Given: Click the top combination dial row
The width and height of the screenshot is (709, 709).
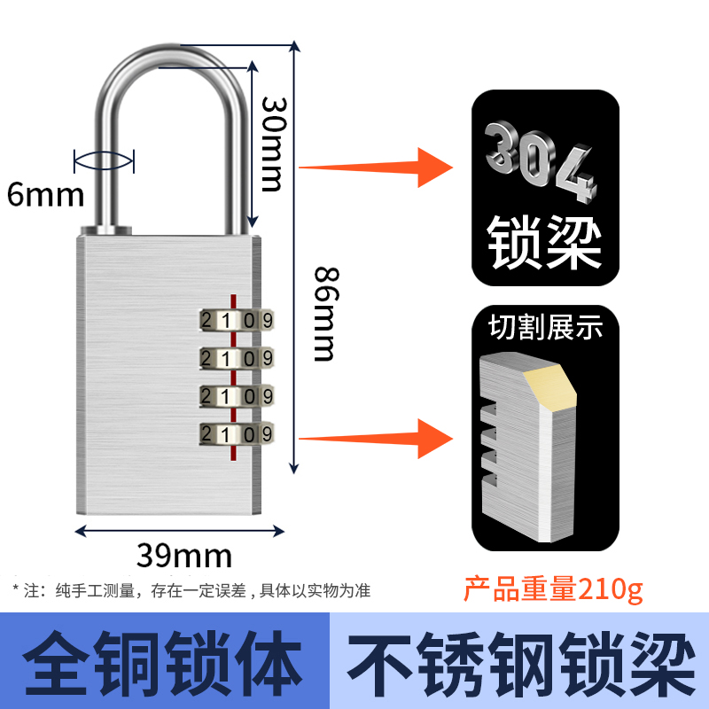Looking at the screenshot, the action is tap(236, 319).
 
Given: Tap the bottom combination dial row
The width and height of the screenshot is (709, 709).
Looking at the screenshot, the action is tap(236, 433).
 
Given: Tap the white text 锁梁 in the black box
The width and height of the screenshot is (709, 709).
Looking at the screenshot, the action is tap(544, 237).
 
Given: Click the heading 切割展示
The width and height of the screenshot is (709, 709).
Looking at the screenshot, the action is tap(545, 329).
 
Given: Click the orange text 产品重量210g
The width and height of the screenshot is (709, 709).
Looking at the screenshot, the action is tap(554, 588).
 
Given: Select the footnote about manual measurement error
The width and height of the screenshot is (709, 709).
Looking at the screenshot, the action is tap(191, 589).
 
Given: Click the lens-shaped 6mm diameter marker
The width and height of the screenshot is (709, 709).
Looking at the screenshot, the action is tap(104, 160).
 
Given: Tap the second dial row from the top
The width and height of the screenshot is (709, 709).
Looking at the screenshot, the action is tap(236, 357).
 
